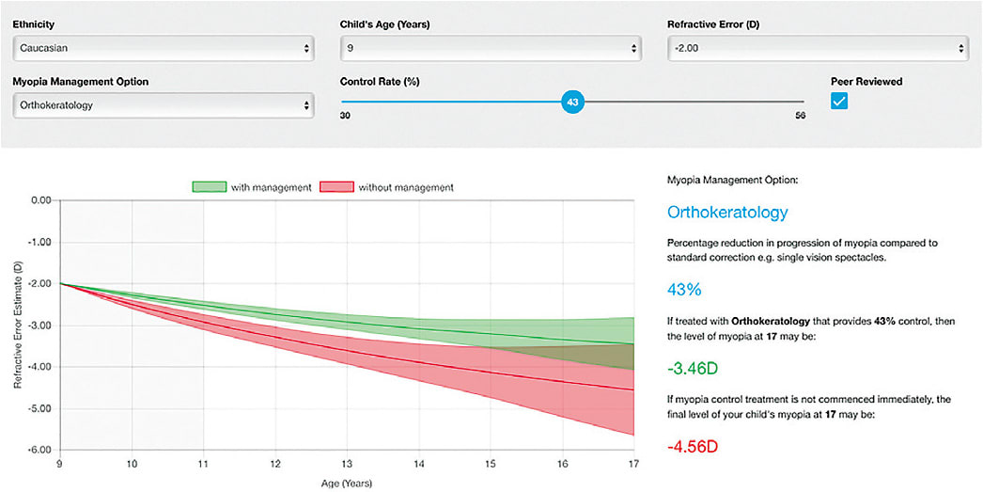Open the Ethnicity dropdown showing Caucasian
164,47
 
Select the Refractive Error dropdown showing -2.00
816,47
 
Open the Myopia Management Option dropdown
164,105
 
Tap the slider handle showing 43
572,101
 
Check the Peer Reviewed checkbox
839,101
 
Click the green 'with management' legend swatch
210,187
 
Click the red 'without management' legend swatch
337,187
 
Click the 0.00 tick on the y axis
39,200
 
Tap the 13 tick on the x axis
347,464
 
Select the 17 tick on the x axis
633,464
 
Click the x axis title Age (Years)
347,484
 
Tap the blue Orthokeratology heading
727,213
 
